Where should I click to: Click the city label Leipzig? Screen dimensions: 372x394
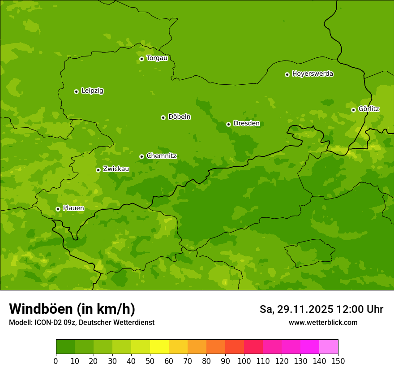pyautogui.click(x=92, y=91)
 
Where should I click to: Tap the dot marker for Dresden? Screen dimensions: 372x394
pyautogui.click(x=228, y=124)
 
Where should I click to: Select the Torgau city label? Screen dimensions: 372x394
pyautogui.click(x=157, y=58)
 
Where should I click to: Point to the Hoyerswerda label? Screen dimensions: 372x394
pyautogui.click(x=313, y=74)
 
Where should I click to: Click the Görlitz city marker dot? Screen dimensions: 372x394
pyautogui.click(x=353, y=110)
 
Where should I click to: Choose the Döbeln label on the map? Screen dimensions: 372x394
pyautogui.click(x=179, y=117)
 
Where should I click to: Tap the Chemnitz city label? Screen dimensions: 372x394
pyautogui.click(x=161, y=156)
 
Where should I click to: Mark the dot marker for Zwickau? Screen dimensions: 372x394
pyautogui.click(x=98, y=170)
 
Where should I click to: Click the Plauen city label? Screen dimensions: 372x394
pyautogui.click(x=73, y=208)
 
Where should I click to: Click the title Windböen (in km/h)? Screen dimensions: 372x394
pyautogui.click(x=72, y=309)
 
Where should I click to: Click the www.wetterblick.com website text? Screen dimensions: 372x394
pyautogui.click(x=323, y=322)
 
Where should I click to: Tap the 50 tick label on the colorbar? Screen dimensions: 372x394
pyautogui.click(x=150, y=361)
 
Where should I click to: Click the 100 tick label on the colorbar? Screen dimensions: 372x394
pyautogui.click(x=244, y=361)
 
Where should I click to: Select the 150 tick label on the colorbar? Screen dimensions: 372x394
pyautogui.click(x=338, y=361)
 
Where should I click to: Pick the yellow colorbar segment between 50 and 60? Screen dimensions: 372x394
pyautogui.click(x=159, y=347)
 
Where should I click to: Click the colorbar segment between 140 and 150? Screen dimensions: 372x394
pyautogui.click(x=329, y=347)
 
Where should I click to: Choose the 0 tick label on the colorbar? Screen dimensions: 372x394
pyautogui.click(x=56, y=361)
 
